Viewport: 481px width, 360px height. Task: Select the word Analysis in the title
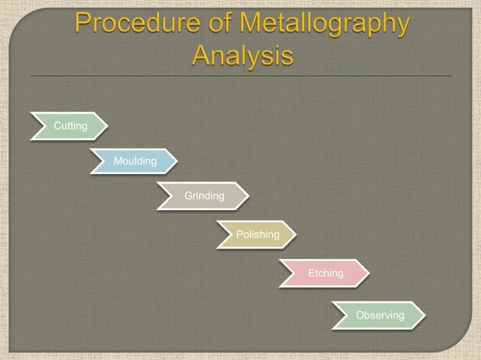pos(241,56)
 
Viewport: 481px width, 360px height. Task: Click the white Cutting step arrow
pos(69,126)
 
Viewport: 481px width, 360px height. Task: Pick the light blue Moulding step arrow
pos(133,160)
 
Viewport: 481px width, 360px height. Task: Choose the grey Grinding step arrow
pos(202,196)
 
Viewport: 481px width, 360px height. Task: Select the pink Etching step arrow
pos(323,273)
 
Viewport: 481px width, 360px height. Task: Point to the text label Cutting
pos(70,126)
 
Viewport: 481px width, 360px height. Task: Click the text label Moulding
pos(135,161)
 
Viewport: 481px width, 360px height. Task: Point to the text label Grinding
pos(204,196)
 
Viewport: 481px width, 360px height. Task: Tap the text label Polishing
pos(258,234)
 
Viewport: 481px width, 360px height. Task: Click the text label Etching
pos(325,273)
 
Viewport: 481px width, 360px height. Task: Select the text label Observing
pos(380,315)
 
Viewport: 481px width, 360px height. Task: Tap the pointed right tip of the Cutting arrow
pos(106,126)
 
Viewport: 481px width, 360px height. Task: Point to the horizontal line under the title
pos(241,76)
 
